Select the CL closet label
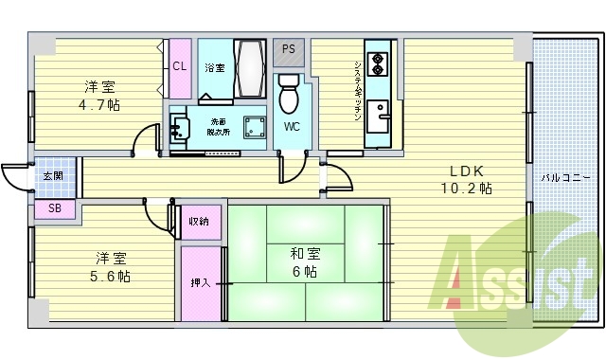click(x=179, y=66)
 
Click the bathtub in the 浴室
click(x=250, y=69)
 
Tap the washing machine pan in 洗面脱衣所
click(x=254, y=128)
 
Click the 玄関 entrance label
click(x=51, y=176)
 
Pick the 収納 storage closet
click(x=198, y=222)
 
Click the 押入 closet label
click(x=200, y=282)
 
